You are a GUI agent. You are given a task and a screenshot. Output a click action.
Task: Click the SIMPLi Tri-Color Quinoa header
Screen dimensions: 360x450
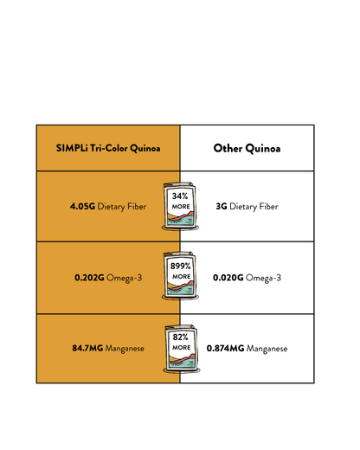tap(108, 148)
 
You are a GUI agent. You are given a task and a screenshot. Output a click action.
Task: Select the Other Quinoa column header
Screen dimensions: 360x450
tap(247, 148)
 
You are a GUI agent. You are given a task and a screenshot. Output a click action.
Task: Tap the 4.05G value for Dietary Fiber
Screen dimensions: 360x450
tap(82, 206)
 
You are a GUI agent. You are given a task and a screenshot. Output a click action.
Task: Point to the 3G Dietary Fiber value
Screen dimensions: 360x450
tap(247, 207)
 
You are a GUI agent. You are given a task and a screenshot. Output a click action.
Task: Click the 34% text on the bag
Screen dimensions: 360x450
tap(180, 196)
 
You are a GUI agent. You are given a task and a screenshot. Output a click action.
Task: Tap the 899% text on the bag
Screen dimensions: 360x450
tap(181, 266)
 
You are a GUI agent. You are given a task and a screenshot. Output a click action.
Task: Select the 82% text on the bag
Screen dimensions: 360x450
tap(181, 337)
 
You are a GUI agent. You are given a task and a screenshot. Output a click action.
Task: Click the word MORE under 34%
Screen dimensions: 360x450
tap(181, 207)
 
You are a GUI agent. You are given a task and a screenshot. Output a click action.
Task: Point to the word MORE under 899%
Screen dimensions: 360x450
tap(182, 277)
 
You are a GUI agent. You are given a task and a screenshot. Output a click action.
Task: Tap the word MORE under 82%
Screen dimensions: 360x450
tap(182, 348)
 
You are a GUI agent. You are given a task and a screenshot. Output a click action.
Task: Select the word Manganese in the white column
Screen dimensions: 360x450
tap(267, 349)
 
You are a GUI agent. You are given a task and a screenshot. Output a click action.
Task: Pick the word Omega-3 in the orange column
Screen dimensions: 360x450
tap(125, 278)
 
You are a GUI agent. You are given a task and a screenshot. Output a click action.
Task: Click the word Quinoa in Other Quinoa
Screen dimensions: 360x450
tap(263, 149)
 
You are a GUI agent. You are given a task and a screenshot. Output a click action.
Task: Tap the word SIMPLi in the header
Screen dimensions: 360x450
tap(72, 148)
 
